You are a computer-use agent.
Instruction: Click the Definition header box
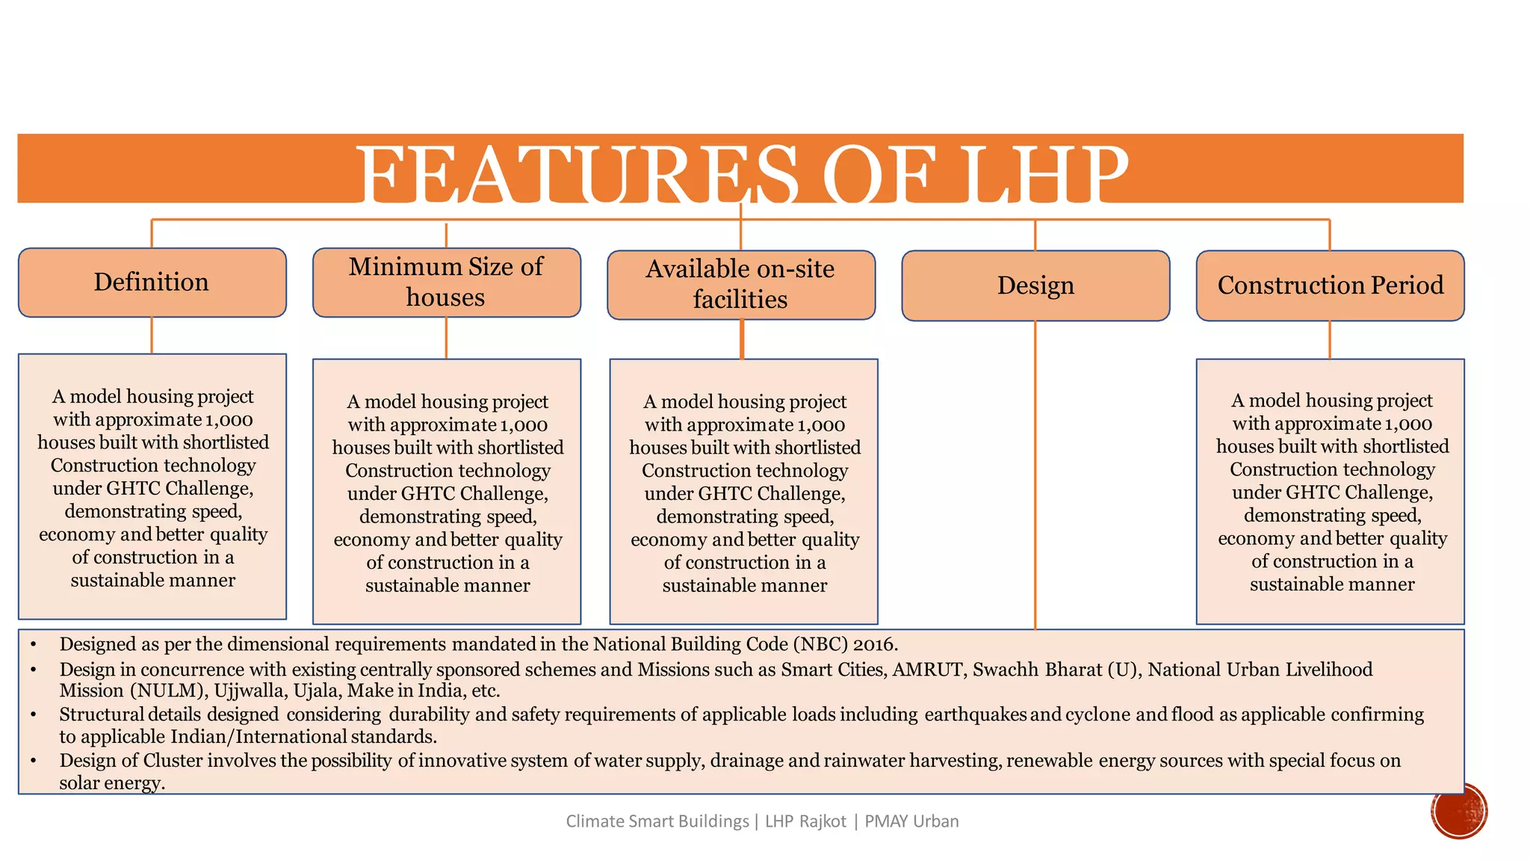[152, 283]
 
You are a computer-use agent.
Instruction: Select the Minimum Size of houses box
[446, 283]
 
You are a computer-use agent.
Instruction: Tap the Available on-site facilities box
[740, 285]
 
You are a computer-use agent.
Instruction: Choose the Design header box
[1035, 286]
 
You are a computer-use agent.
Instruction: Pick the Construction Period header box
[1330, 286]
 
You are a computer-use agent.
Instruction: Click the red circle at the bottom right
[1459, 811]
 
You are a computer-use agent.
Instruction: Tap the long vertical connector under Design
[1035, 478]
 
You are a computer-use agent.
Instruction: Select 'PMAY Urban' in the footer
[911, 821]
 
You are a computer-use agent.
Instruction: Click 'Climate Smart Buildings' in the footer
[657, 821]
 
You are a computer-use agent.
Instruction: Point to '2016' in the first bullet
[873, 644]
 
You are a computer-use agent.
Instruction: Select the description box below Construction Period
[1330, 491]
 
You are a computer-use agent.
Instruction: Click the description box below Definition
[152, 486]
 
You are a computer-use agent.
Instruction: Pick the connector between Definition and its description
[152, 335]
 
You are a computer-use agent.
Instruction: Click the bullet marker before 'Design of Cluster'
[34, 761]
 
